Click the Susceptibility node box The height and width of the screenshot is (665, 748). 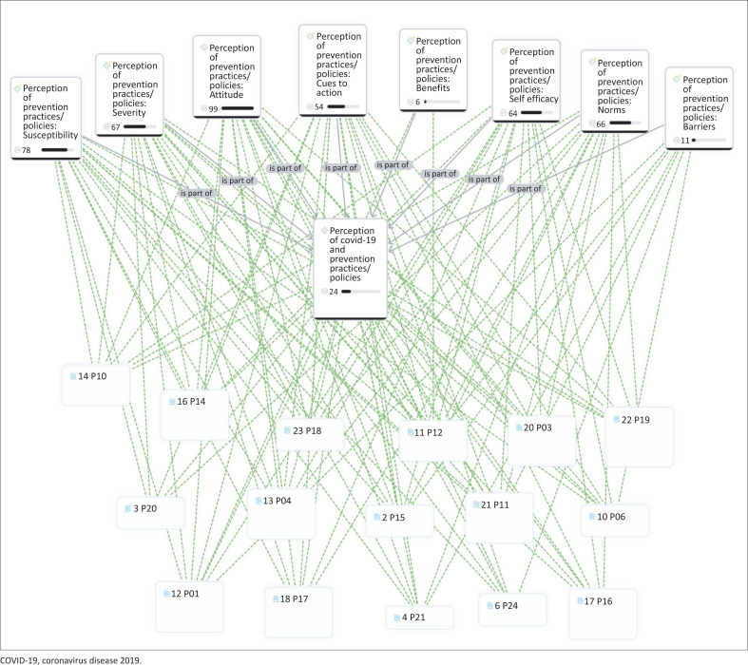(46, 117)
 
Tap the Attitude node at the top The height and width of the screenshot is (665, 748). (229, 76)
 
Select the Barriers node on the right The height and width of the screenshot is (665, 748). (699, 106)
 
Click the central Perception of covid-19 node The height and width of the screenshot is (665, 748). (351, 266)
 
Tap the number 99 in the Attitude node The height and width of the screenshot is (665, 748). (214, 110)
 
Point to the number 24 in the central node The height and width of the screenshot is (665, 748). (333, 292)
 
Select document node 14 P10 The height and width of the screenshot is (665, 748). (95, 383)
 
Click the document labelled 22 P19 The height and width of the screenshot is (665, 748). (638, 434)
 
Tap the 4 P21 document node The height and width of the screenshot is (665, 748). (419, 617)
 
